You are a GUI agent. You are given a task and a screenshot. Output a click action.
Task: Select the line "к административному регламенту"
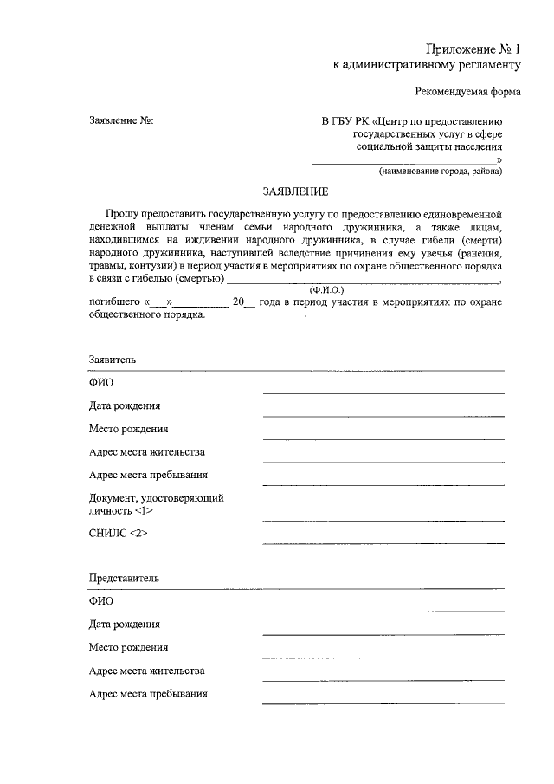428,65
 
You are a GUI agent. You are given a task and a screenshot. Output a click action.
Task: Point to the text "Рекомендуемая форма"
468,92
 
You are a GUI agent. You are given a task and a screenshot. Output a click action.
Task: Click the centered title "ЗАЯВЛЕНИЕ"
296,191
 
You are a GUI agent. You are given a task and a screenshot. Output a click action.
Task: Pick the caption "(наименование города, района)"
440,172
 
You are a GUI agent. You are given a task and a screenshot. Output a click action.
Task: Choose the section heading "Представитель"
124,578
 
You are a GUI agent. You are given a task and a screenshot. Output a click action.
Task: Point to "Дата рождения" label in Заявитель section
124,405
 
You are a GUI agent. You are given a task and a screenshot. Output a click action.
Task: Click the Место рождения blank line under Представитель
383,657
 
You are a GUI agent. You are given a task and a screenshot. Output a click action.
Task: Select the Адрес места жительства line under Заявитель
383,462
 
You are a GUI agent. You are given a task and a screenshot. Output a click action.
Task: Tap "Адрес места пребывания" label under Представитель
148,693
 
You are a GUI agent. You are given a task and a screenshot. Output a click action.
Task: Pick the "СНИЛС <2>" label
119,534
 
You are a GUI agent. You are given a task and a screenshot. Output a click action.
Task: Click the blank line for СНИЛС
383,543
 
